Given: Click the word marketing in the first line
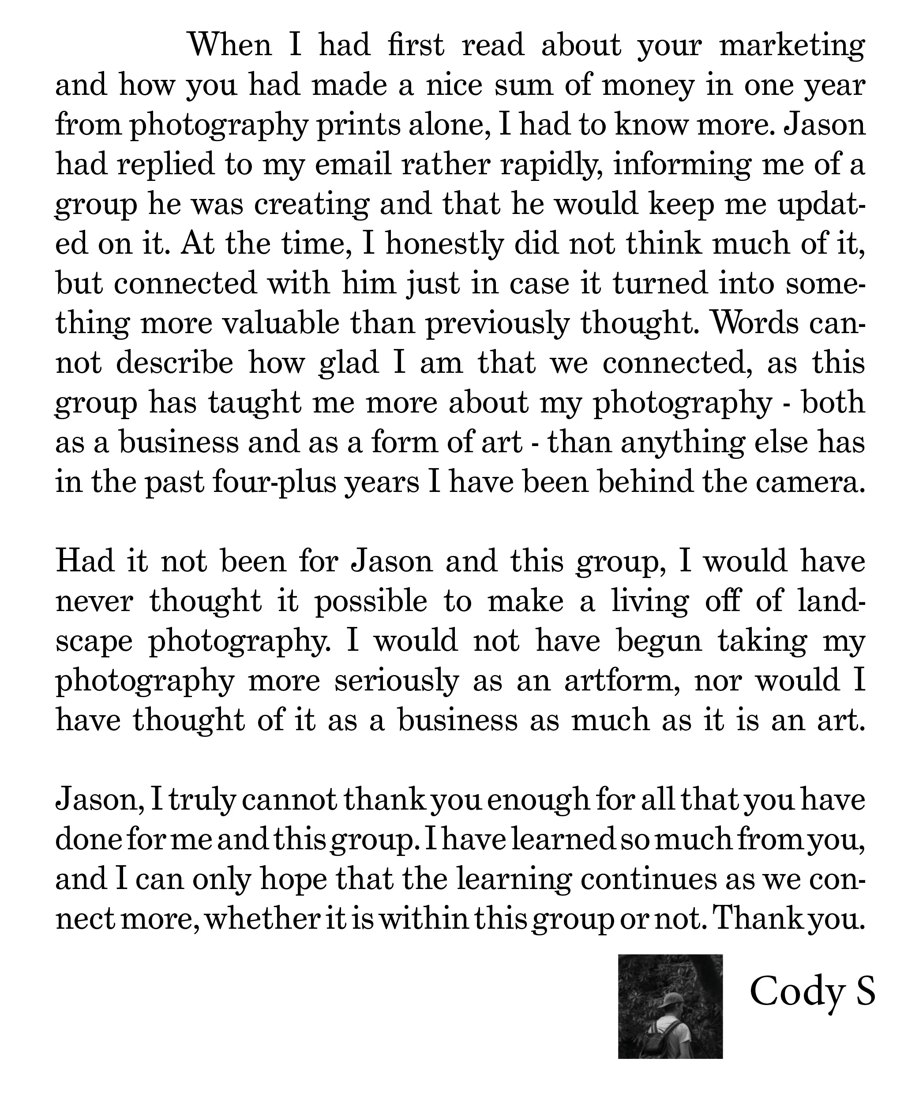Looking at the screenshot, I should point(792,46).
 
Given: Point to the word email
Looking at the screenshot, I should point(353,165).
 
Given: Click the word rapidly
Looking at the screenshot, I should point(551,165).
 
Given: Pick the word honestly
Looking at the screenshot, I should point(444,245).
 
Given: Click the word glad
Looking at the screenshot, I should point(348,364).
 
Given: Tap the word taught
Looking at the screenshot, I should point(255,403).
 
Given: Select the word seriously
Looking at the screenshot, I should point(397,681).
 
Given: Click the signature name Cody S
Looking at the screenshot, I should point(812,991).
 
